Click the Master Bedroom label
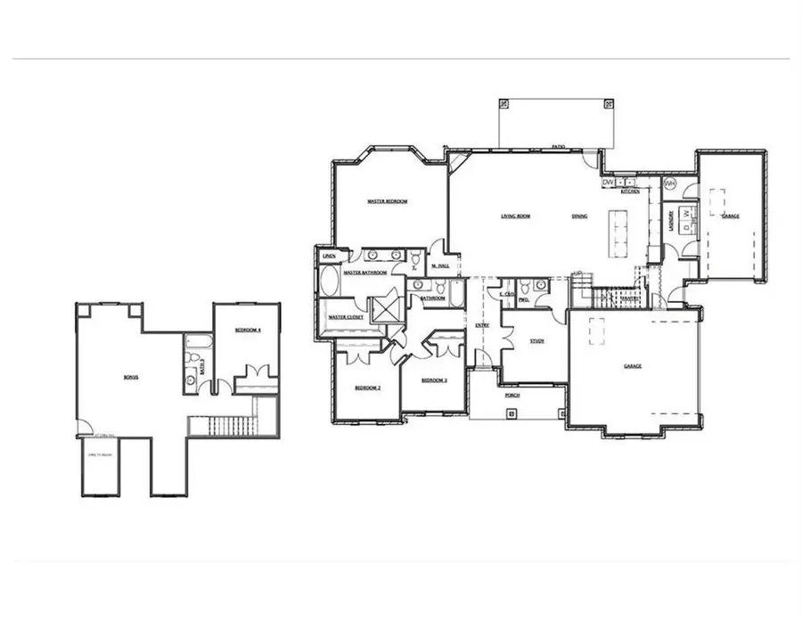click(x=387, y=202)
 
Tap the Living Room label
click(x=515, y=216)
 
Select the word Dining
click(x=579, y=216)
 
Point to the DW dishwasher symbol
click(x=608, y=183)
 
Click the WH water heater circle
click(x=670, y=184)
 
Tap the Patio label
click(x=558, y=145)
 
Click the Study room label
click(x=536, y=341)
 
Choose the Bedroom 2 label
click(x=368, y=388)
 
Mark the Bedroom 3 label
click(x=433, y=380)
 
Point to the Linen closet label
click(x=329, y=257)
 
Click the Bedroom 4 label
click(x=247, y=330)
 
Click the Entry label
click(x=482, y=326)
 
